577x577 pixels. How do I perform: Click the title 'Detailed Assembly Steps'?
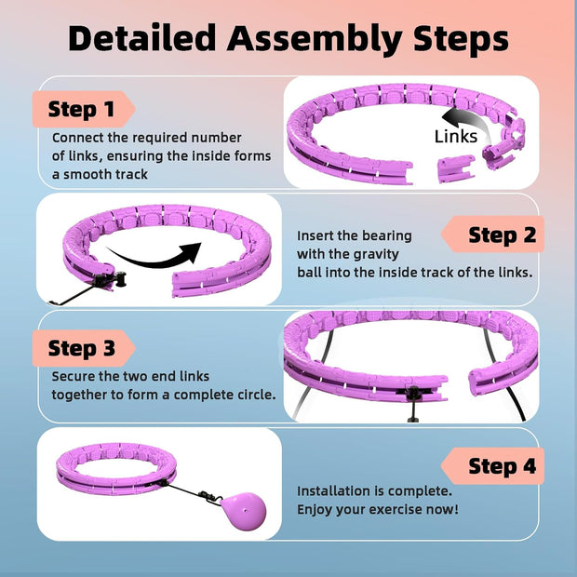pyautogui.click(x=288, y=38)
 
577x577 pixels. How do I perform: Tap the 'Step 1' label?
pyautogui.click(x=81, y=109)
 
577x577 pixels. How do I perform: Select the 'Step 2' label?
pyautogui.click(x=502, y=235)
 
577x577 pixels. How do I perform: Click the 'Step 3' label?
pyautogui.click(x=81, y=349)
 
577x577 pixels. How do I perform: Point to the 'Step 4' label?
pyautogui.click(x=502, y=466)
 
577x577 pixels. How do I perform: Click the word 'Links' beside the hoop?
pyautogui.click(x=456, y=137)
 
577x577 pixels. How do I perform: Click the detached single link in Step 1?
pyautogui.click(x=456, y=167)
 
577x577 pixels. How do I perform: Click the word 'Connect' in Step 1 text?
pyautogui.click(x=77, y=138)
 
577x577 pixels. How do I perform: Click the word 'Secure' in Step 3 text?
pyautogui.click(x=74, y=377)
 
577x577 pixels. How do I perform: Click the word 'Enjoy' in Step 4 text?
pyautogui.click(x=315, y=509)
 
